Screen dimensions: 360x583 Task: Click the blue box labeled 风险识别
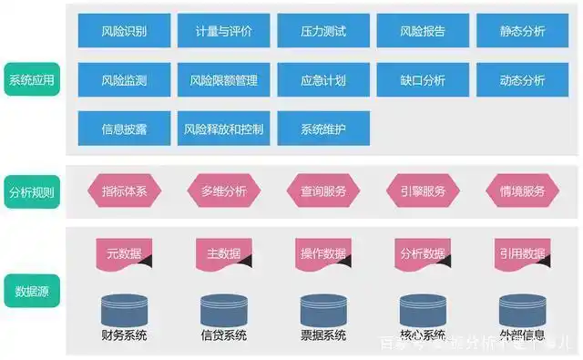pyautogui.click(x=124, y=31)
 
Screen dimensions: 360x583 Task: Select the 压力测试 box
pyautogui.click(x=323, y=31)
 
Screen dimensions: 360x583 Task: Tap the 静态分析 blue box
pyautogui.click(x=522, y=31)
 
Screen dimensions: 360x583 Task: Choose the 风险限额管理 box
pyautogui.click(x=223, y=80)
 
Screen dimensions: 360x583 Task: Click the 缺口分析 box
pyautogui.click(x=423, y=80)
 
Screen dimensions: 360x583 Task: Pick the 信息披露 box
pyautogui.click(x=124, y=129)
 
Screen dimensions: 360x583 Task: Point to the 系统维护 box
pyautogui.click(x=323, y=129)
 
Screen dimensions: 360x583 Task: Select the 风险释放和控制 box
pyautogui.click(x=223, y=129)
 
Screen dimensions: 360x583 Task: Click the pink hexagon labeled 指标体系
pyautogui.click(x=124, y=191)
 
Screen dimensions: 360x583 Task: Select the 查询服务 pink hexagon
pyautogui.click(x=323, y=191)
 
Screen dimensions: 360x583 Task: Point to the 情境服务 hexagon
pyautogui.click(x=522, y=191)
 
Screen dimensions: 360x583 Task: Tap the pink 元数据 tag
pyautogui.click(x=124, y=253)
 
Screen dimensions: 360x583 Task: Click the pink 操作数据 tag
pyautogui.click(x=323, y=253)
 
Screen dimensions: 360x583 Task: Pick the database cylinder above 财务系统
pyautogui.click(x=124, y=307)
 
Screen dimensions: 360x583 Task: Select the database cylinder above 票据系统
pyautogui.click(x=323, y=307)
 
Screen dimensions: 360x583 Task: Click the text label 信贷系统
pyautogui.click(x=223, y=334)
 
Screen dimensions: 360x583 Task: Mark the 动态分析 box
pyautogui.click(x=522, y=80)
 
